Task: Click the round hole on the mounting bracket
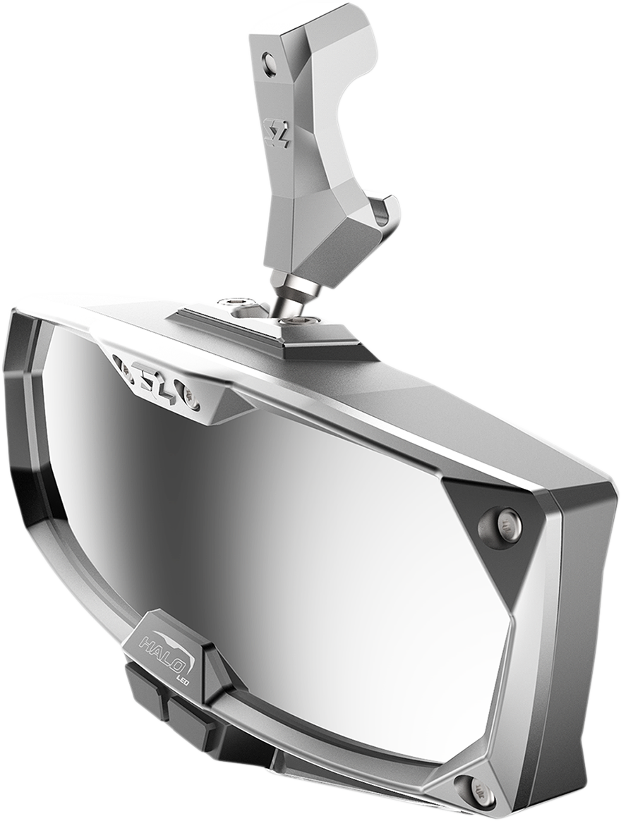click(270, 65)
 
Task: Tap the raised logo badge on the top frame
click(159, 379)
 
